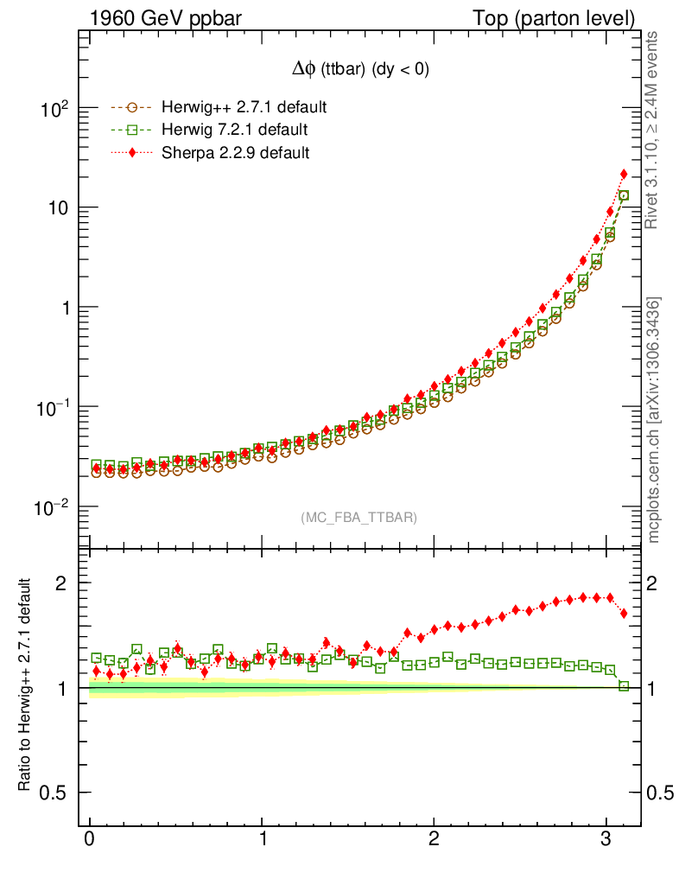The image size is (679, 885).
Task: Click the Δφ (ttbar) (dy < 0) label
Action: coord(359,70)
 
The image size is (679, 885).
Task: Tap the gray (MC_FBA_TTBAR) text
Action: coord(359,518)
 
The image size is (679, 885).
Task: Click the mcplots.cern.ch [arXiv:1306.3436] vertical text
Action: coord(654,421)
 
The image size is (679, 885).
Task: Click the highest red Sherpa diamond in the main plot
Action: coord(624,175)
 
